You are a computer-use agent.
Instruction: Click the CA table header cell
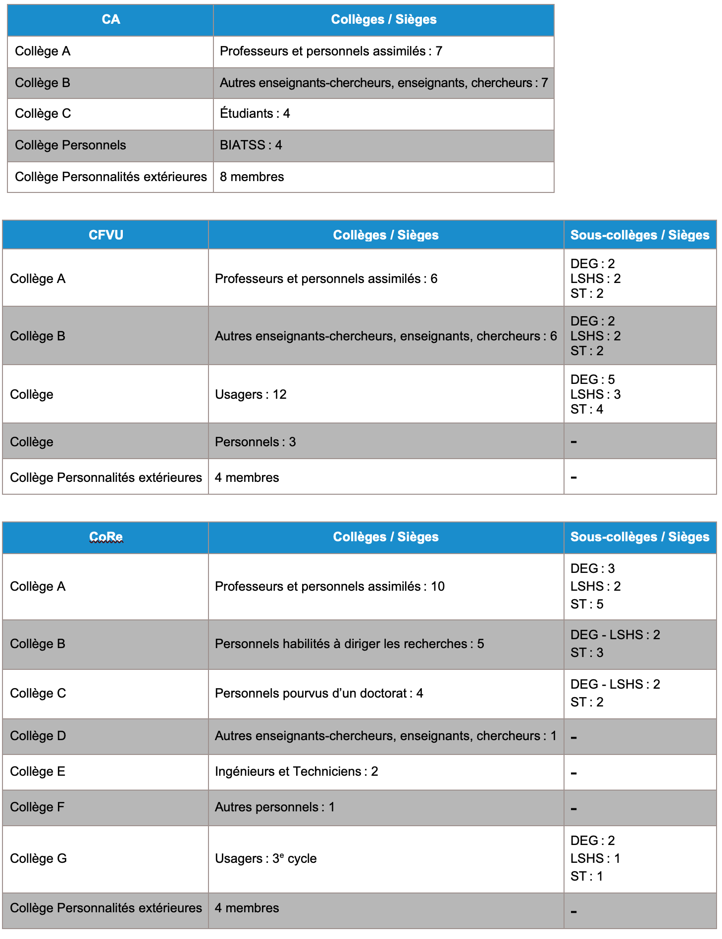pyautogui.click(x=110, y=20)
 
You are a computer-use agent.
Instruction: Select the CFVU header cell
pyautogui.click(x=105, y=235)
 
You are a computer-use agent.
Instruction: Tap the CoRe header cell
pyautogui.click(x=105, y=537)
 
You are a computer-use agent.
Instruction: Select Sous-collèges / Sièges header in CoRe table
pyautogui.click(x=640, y=537)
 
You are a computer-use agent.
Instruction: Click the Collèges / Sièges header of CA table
pyautogui.click(x=384, y=20)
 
